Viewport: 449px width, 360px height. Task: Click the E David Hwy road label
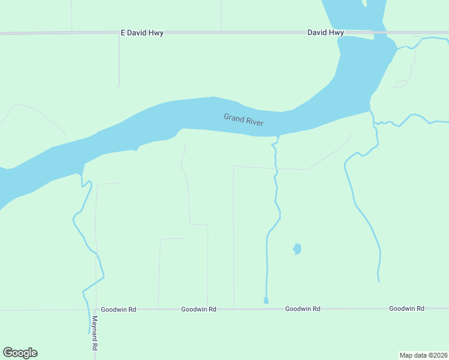click(x=142, y=33)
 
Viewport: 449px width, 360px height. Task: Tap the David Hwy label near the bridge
click(x=325, y=33)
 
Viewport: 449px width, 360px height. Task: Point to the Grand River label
click(x=243, y=119)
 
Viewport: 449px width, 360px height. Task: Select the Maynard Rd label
click(x=95, y=334)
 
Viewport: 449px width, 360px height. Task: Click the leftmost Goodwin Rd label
click(x=118, y=310)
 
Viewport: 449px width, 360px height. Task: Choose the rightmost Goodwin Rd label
click(x=406, y=308)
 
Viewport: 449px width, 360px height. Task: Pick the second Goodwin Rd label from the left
click(x=199, y=309)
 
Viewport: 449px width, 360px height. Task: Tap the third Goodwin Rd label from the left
click(x=303, y=308)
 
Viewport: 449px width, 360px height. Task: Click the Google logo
click(x=20, y=353)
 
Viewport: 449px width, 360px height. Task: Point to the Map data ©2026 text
click(x=423, y=355)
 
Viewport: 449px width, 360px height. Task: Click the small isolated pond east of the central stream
click(x=297, y=248)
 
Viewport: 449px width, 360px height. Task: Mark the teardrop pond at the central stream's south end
click(x=266, y=301)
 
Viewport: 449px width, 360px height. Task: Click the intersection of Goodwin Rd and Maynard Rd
click(x=95, y=310)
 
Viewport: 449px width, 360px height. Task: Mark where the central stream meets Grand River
click(x=277, y=137)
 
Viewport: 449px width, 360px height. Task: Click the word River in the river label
click(x=255, y=121)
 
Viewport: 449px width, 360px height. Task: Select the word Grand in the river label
click(x=233, y=117)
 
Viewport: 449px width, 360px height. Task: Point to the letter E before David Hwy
click(x=123, y=33)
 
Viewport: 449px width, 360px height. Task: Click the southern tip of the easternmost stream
click(x=378, y=280)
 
